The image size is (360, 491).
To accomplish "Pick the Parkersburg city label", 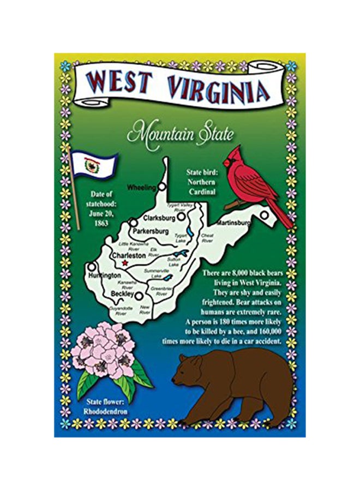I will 151,231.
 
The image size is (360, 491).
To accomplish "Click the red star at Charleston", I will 125,263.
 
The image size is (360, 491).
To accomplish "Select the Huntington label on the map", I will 104,276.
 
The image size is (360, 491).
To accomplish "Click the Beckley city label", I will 122,294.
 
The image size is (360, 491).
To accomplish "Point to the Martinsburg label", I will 233,223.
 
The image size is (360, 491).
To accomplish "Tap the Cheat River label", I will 207,238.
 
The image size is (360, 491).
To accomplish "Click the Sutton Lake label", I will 174,262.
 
